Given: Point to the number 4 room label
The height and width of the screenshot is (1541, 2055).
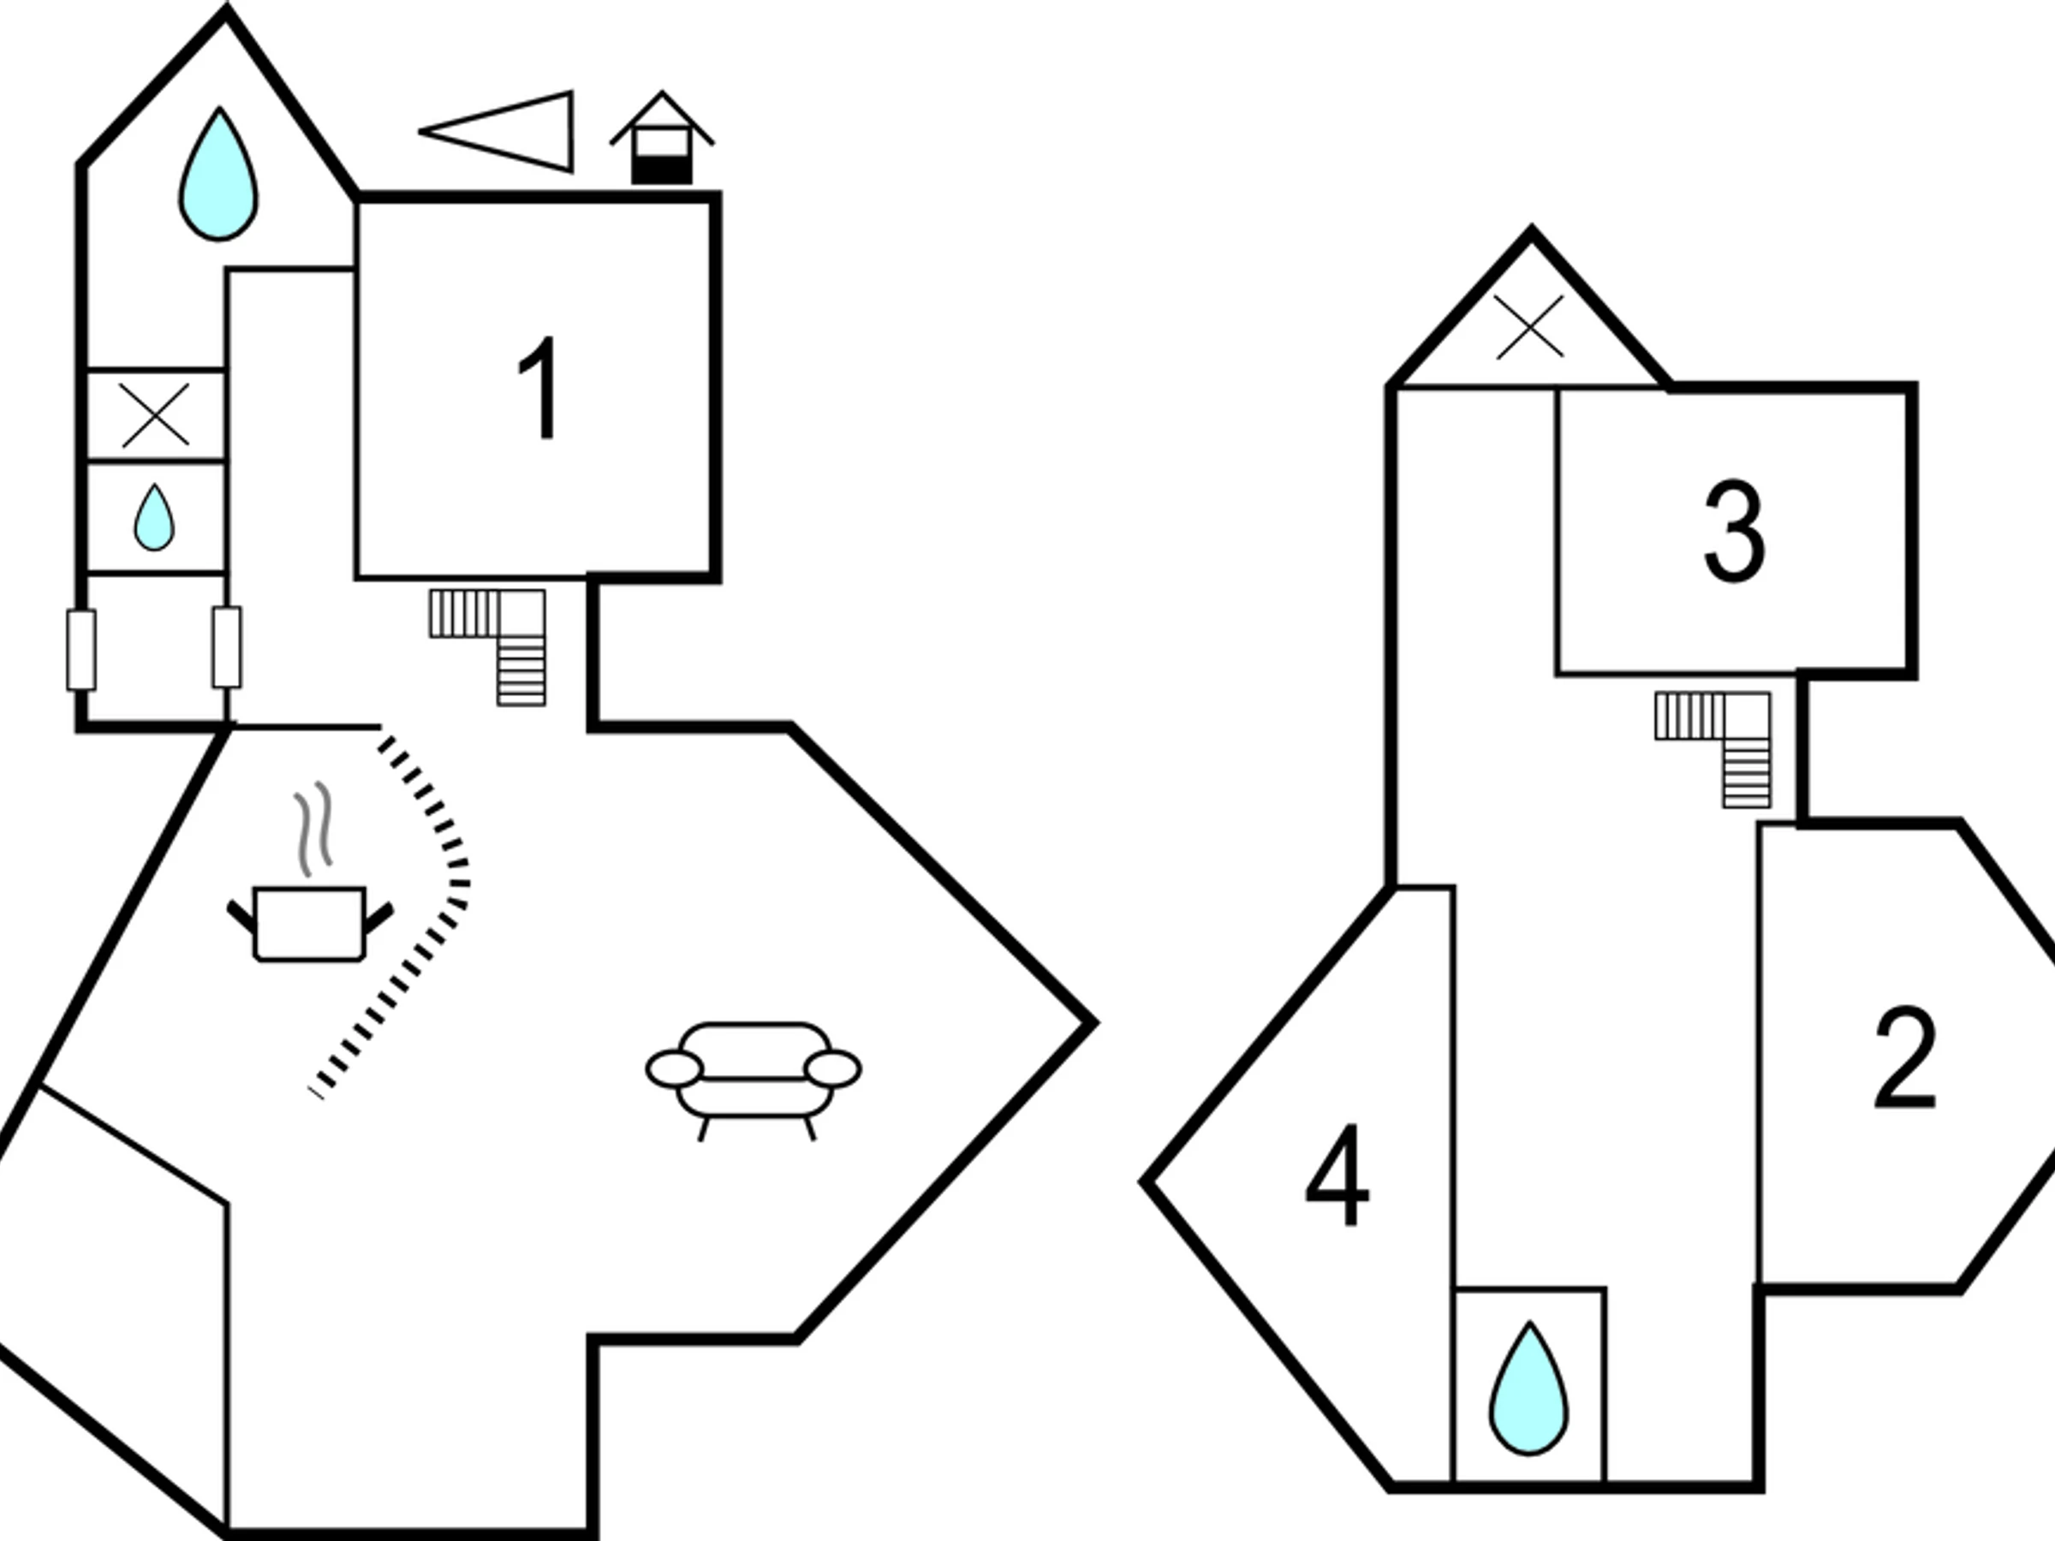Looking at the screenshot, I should [x=1337, y=1175].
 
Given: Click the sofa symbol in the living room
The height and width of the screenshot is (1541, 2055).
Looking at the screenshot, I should [x=753, y=1078].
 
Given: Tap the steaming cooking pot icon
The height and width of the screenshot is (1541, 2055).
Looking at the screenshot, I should [x=310, y=921].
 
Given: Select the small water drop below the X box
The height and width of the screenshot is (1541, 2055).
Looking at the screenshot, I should [x=154, y=517].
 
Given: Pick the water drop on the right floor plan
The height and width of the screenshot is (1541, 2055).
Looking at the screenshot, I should [x=1528, y=1389].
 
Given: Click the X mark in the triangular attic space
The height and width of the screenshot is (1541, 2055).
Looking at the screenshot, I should [x=1529, y=327].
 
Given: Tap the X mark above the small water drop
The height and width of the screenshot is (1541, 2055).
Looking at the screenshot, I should [x=155, y=414].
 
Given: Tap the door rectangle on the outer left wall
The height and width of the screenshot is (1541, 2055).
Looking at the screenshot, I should [x=80, y=649].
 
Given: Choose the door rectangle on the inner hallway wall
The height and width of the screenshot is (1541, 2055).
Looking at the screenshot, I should [x=227, y=647].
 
